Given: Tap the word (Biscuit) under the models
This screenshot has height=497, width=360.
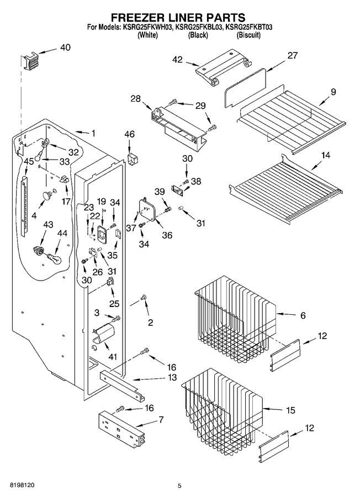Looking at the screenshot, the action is click(x=248, y=35).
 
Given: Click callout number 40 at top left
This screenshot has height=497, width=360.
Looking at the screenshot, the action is click(x=65, y=47).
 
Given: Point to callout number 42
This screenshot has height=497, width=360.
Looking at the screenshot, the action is click(x=178, y=60).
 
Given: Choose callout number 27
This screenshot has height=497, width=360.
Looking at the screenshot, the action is click(x=293, y=55).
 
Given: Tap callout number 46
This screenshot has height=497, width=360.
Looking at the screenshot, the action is click(x=129, y=134).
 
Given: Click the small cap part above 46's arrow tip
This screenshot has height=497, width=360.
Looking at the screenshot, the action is click(x=132, y=158).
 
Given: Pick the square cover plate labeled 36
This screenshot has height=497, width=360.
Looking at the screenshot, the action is click(x=147, y=209).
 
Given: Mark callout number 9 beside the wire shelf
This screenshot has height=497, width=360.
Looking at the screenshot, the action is click(x=333, y=92).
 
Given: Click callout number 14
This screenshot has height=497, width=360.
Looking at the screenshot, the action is click(x=325, y=155).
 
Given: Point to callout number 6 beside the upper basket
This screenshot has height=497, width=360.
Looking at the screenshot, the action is click(x=303, y=315).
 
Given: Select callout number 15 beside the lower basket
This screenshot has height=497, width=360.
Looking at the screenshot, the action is click(x=290, y=410).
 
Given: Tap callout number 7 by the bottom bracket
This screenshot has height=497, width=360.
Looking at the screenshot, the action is click(x=161, y=420).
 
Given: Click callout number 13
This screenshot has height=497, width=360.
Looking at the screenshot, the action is click(x=172, y=378).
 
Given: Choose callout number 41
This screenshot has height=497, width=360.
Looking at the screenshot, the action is click(x=113, y=357).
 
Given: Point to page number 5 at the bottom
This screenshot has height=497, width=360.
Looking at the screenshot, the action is click(x=179, y=485).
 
